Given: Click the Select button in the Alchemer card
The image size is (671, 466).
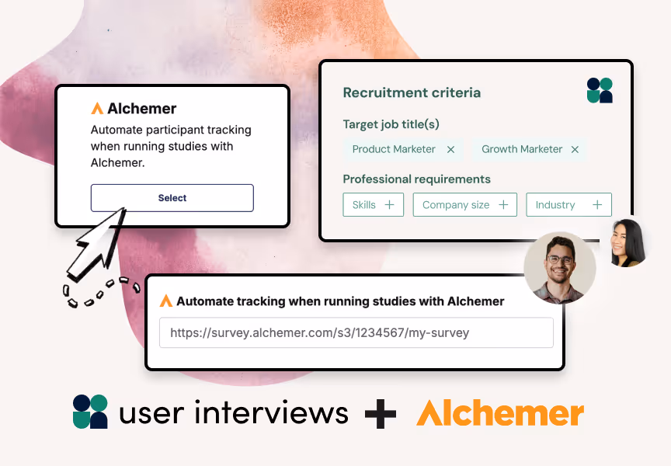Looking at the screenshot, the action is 172,198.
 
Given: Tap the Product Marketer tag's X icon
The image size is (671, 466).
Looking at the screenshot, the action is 450,149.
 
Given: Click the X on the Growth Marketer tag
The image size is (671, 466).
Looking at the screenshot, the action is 575,149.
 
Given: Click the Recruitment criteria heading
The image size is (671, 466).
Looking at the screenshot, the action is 412,92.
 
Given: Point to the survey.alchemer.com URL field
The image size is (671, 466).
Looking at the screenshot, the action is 356,332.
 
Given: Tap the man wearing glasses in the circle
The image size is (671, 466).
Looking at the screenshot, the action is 559,267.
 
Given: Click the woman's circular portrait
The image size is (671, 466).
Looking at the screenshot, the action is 628,242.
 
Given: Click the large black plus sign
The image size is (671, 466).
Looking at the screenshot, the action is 381,412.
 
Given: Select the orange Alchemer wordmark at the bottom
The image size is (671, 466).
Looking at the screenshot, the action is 499,412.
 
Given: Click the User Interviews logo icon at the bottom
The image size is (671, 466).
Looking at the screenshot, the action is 90,412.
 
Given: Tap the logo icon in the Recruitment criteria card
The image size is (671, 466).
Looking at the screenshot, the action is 600,90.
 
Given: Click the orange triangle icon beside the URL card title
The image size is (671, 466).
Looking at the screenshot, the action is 165,301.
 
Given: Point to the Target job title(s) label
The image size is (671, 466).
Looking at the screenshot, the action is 391,124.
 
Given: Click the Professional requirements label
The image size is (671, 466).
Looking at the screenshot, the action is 416,179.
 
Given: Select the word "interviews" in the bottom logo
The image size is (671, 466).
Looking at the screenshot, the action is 272,412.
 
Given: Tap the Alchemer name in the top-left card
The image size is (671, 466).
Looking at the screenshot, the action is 141,109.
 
